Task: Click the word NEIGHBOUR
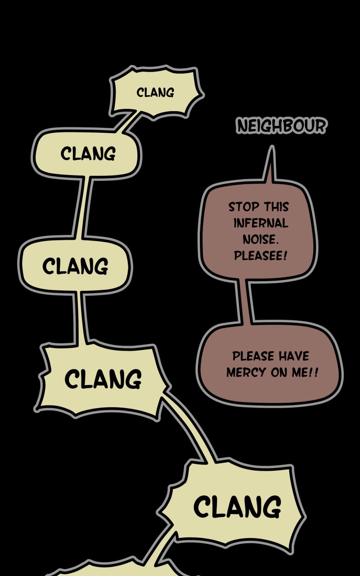click(x=282, y=126)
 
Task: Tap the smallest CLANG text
click(x=155, y=93)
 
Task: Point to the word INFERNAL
click(x=261, y=223)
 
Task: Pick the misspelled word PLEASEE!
click(x=261, y=256)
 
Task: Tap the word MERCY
click(x=247, y=373)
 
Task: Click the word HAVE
click(x=293, y=356)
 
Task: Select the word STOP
click(x=244, y=207)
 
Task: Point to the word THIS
click(x=276, y=207)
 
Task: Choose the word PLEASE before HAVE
click(x=253, y=356)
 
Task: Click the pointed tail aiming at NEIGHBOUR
click(x=270, y=164)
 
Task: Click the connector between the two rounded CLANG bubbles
click(x=82, y=207)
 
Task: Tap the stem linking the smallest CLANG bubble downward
click(x=128, y=121)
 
